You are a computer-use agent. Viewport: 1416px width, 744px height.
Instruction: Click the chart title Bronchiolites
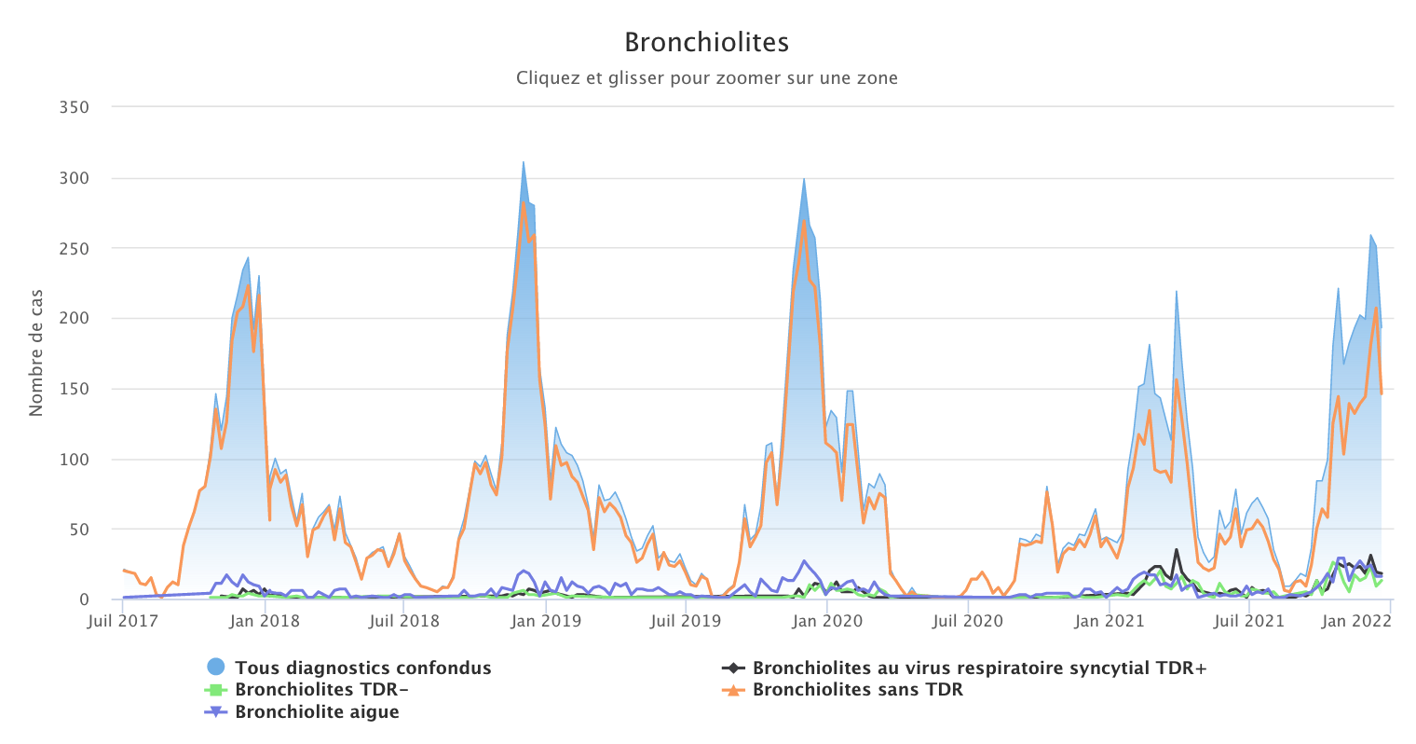706,43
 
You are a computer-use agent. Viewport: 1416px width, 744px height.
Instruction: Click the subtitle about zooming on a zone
706,78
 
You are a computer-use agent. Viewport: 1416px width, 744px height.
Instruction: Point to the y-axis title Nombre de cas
36,352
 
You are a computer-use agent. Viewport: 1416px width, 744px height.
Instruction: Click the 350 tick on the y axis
74,107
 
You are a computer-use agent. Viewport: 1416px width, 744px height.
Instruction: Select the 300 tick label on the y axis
74,178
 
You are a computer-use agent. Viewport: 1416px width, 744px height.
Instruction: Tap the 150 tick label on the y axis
74,389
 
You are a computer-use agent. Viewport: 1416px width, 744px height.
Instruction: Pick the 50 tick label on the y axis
78,530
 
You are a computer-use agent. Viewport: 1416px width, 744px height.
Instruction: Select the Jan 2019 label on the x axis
544,621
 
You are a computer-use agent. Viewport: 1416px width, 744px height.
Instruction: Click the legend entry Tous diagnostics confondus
362,668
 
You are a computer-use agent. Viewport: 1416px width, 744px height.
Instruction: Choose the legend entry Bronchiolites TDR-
321,690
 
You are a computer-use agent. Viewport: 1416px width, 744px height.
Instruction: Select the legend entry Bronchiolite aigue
317,712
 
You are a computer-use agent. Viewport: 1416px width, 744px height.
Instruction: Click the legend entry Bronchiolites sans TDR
857,690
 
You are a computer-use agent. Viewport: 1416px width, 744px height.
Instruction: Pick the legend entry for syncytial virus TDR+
979,668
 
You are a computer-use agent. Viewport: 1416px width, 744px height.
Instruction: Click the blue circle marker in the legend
216,668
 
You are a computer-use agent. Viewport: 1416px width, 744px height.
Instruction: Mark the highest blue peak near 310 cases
524,162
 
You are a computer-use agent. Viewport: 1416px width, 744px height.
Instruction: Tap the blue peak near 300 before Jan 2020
804,178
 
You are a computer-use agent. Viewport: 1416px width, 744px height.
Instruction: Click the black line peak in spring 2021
1177,549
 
